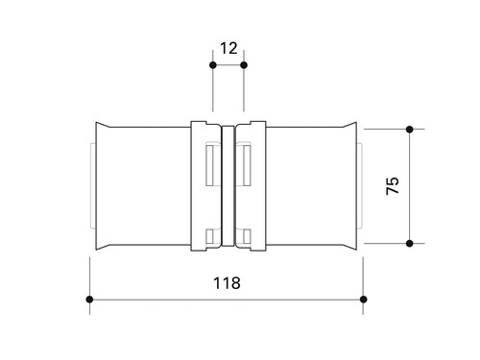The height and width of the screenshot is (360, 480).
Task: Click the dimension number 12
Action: tap(228, 48)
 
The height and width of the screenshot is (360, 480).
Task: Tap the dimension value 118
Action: tap(227, 283)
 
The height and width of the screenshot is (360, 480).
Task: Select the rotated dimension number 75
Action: tap(393, 185)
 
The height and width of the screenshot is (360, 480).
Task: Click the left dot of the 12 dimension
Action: tap(213, 65)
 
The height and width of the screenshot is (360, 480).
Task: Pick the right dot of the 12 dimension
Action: tap(244, 65)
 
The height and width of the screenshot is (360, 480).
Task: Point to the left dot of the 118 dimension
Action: tap(89, 300)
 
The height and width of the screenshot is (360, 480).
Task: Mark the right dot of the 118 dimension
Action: tap(363, 300)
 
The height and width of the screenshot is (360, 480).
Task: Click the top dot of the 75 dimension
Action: tap(409, 130)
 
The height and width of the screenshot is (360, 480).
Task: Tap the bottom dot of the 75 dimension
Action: tap(409, 244)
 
